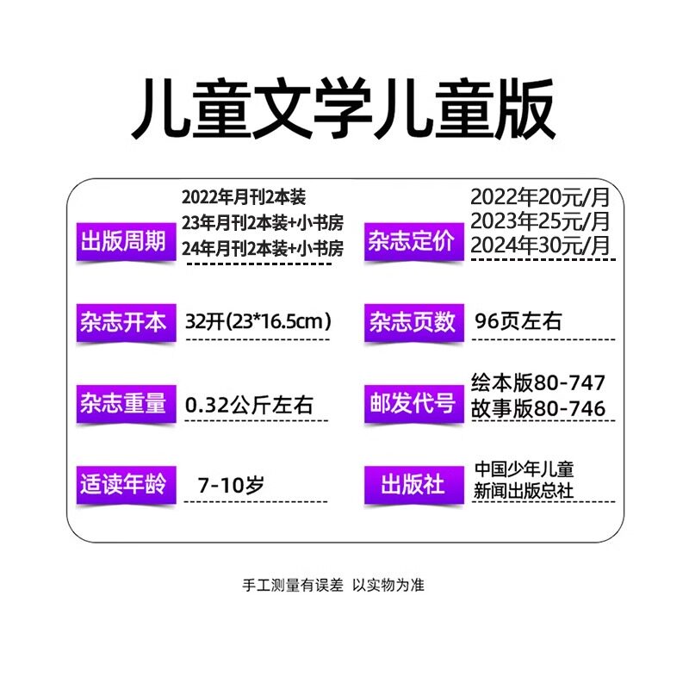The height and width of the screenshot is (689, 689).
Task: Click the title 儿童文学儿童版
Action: pyautogui.click(x=344, y=112)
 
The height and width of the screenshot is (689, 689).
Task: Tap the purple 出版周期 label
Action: pyautogui.click(x=122, y=240)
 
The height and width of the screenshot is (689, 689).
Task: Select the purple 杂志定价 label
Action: pyautogui.click(x=410, y=240)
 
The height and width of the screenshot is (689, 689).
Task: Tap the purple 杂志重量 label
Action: pyautogui.click(x=122, y=403)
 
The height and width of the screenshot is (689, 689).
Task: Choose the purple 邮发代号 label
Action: pyautogui.click(x=410, y=403)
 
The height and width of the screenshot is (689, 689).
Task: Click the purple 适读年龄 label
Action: pyautogui.click(x=122, y=483)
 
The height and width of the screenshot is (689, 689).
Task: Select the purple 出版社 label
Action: pyautogui.click(x=410, y=483)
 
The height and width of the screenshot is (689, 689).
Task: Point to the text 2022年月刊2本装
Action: pyautogui.click(x=244, y=197)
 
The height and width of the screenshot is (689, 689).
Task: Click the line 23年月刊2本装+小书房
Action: pyautogui.click(x=263, y=223)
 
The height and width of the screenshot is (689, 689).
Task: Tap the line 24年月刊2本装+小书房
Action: pyautogui.click(x=263, y=248)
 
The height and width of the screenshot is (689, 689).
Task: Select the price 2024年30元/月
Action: pyautogui.click(x=540, y=245)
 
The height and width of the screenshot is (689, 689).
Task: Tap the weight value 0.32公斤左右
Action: pyautogui.click(x=250, y=402)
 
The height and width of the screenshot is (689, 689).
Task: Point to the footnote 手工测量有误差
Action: pyautogui.click(x=293, y=585)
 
